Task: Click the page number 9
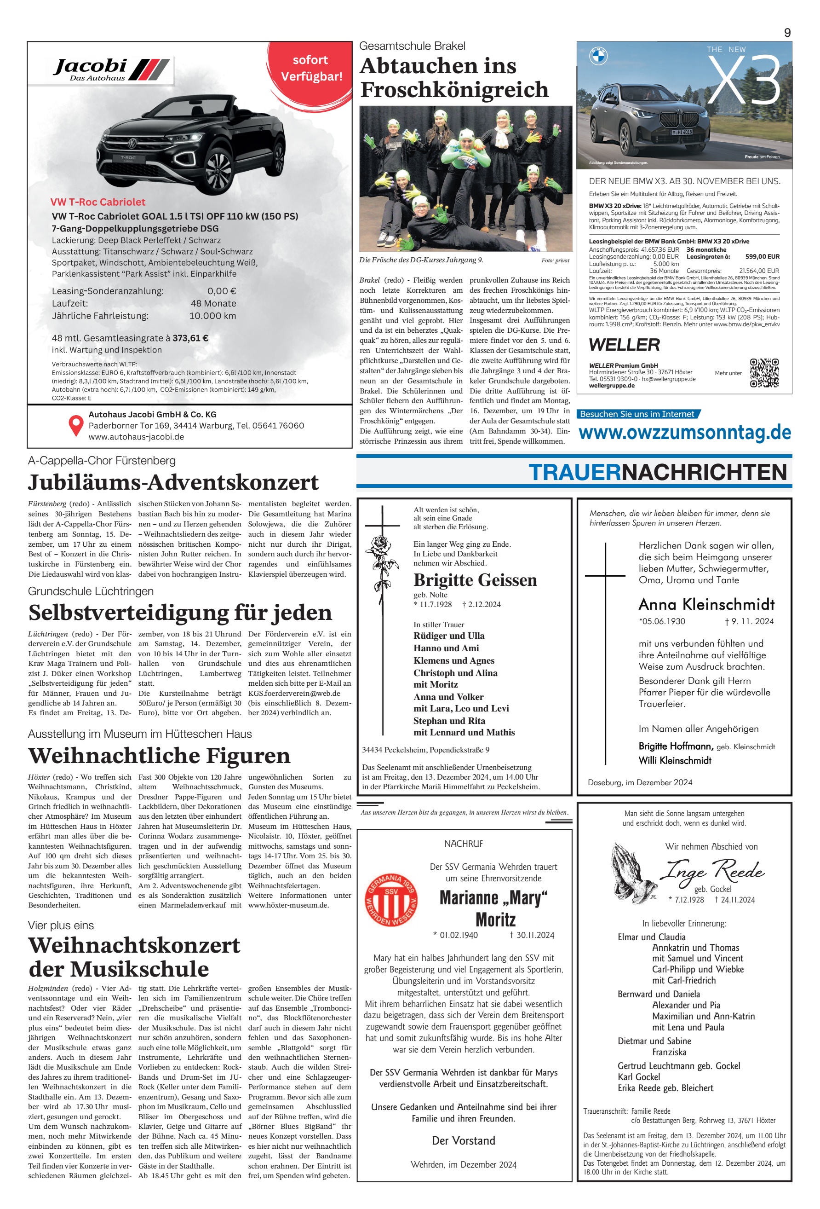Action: coord(787,32)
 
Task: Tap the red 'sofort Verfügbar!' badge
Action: coord(311,68)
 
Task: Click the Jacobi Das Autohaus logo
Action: coord(111,69)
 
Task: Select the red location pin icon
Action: coord(76,425)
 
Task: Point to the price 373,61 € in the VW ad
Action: coord(190,338)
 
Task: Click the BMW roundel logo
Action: coord(598,56)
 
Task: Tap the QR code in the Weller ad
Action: coord(764,372)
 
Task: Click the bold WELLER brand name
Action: coord(624,345)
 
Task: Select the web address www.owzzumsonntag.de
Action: coord(684,433)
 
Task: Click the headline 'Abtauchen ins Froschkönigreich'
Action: coord(454,77)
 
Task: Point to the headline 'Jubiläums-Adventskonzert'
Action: coord(173,482)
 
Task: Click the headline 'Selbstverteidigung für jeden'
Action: coord(180,612)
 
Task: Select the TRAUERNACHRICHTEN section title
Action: coord(657,472)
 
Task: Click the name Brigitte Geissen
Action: coord(475,580)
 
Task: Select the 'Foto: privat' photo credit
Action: coord(555,260)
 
